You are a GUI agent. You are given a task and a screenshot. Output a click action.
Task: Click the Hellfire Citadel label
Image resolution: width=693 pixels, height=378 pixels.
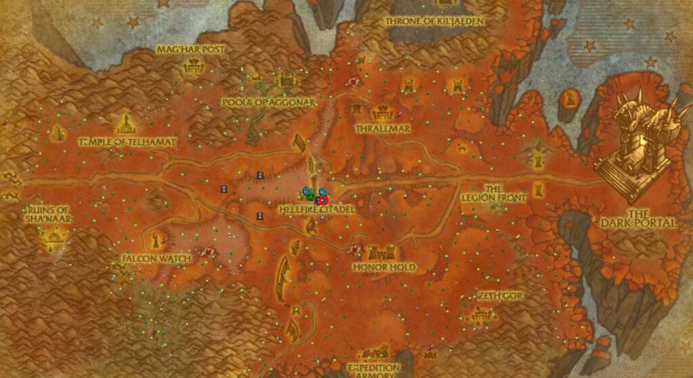click(x=317, y=210)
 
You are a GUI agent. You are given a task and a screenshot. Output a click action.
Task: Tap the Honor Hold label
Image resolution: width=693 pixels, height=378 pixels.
click(x=384, y=268)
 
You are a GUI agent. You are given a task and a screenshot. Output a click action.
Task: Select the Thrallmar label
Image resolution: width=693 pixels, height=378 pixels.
click(x=384, y=127)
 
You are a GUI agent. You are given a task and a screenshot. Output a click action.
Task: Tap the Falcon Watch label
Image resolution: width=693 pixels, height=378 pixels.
click(x=157, y=258)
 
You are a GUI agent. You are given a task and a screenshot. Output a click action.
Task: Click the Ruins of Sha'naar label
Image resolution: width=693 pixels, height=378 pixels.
click(x=48, y=214)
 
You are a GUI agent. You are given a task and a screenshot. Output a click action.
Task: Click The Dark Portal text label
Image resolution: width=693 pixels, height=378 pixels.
click(x=637, y=218)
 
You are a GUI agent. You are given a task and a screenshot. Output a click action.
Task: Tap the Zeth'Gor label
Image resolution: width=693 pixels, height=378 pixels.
click(x=500, y=296)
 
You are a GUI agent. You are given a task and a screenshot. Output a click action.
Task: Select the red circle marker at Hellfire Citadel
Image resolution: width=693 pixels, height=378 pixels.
click(x=323, y=199)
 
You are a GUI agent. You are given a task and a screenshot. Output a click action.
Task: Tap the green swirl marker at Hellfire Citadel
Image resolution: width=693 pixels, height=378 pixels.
click(x=311, y=197)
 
